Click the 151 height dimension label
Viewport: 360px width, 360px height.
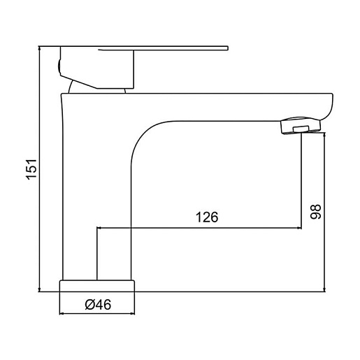coord(31,169)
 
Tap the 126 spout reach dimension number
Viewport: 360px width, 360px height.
coord(207,217)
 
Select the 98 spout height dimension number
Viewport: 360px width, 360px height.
coord(316,212)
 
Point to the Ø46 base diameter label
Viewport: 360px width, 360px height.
coord(98,305)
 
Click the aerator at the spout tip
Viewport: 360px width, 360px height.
coord(301,125)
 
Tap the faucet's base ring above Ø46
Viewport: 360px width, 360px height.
coord(97,286)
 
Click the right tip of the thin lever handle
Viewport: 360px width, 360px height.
coord(228,48)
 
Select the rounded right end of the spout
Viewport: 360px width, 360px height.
coord(327,106)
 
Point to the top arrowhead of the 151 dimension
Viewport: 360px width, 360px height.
coord(39,48)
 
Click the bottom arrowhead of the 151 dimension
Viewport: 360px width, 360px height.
coord(39,289)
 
